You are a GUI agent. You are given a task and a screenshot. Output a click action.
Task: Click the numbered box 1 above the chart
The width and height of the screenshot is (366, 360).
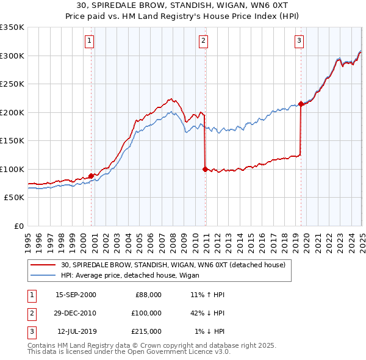coord(89,41)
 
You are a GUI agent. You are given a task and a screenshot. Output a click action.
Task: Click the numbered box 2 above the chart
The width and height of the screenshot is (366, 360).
coord(203,41)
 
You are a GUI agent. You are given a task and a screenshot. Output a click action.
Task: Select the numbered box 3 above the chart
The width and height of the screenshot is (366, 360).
coord(300,41)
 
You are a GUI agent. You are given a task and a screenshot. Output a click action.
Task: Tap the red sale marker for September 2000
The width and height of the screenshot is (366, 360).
coord(91,176)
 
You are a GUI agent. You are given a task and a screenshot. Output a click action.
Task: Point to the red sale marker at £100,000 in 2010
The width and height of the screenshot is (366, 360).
coord(205,169)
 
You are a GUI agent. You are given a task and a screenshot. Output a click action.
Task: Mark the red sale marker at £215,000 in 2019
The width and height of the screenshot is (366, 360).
coord(301,104)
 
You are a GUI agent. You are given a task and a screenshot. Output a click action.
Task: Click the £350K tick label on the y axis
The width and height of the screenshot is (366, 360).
coord(12,27)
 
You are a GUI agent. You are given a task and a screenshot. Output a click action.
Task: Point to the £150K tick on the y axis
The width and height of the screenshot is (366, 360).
coord(12,140)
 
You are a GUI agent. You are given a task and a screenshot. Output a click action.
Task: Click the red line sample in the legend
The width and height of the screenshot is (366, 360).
coord(43,265)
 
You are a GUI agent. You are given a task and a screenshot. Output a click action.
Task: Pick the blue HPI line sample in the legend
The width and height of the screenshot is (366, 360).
coord(43,275)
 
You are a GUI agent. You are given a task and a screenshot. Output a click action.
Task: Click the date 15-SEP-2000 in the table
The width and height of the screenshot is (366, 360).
coord(76,295)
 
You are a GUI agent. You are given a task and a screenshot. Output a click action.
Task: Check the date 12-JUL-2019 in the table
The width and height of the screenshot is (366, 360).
coord(76,331)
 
